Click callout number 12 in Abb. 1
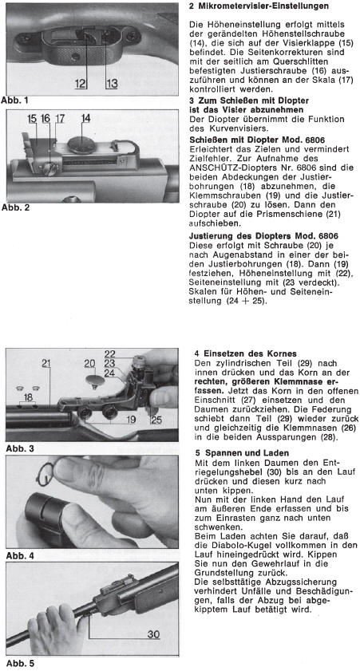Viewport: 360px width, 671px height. pos(81,84)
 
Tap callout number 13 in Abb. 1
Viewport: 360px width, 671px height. pos(112,84)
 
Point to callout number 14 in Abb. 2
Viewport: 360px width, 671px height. pos(85,119)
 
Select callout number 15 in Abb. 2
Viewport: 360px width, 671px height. pos(32,119)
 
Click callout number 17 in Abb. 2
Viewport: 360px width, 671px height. pos(60,119)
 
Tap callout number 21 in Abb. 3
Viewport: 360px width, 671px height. pos(46,364)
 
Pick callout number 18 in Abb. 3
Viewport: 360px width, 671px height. pos(28,397)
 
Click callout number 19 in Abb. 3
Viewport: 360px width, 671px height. pos(131,420)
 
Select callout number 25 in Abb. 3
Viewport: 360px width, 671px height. pos(156,420)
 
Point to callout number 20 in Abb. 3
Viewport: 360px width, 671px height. pos(89,364)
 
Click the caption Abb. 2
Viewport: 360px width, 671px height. pos(16,207)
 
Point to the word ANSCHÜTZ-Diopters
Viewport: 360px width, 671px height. pos(226,168)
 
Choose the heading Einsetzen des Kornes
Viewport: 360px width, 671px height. pos(250,353)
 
